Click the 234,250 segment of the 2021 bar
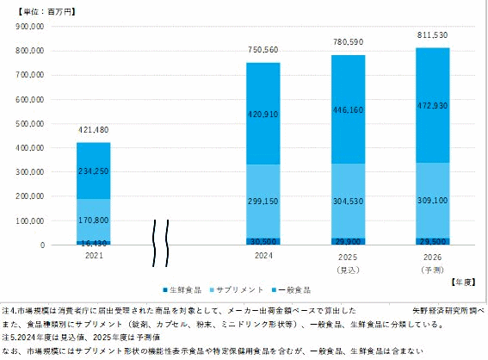(x=93, y=171)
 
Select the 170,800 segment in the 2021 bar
(x=93, y=220)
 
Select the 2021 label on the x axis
(x=93, y=256)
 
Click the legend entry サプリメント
(x=243, y=289)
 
